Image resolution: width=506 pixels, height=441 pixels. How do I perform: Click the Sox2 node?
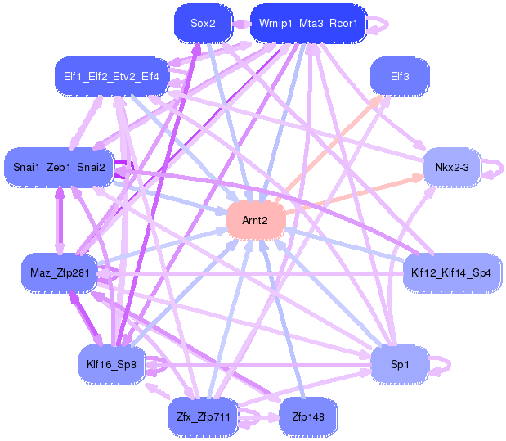tap(204, 23)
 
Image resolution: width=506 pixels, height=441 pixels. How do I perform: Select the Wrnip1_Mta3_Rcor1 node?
tap(308, 23)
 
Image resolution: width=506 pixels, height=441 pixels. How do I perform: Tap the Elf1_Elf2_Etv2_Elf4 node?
tap(112, 77)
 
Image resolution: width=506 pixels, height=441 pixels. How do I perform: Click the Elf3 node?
tap(400, 77)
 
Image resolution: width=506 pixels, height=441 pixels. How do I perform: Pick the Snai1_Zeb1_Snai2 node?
tap(59, 168)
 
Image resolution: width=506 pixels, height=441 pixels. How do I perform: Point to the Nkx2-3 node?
tap(452, 168)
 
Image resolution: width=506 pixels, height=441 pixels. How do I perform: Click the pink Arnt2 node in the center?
tap(255, 221)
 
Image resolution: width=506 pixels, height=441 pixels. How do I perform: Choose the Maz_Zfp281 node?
tap(60, 273)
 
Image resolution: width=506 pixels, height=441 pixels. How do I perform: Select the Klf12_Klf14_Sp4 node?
tap(451, 273)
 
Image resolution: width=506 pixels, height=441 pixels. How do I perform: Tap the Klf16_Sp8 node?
tap(112, 365)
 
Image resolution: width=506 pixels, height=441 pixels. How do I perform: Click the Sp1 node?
tap(400, 365)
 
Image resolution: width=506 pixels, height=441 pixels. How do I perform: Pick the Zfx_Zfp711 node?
tap(204, 417)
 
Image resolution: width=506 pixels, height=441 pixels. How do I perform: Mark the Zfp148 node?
tap(308, 417)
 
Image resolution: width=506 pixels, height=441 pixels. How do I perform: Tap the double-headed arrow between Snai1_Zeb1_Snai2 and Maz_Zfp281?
tap(60, 220)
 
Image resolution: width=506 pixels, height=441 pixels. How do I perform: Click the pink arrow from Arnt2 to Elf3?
tap(329, 149)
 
